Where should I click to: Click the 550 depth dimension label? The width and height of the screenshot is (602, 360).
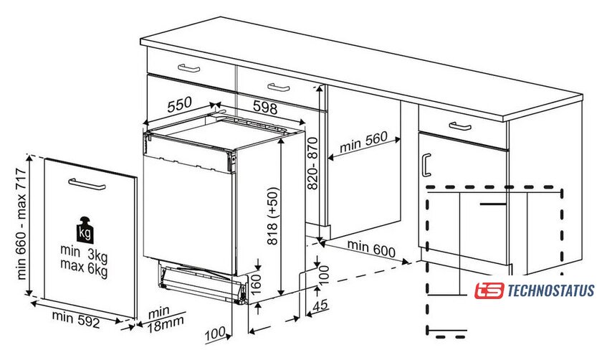coord(180,104)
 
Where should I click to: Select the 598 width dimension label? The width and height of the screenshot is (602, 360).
coord(265,107)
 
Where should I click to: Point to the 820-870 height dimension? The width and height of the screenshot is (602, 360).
coord(313,164)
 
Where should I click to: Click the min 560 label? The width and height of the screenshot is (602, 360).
coord(363,142)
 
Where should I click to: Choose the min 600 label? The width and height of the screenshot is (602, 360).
coord(371,248)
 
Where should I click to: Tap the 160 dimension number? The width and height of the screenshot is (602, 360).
coord(255,284)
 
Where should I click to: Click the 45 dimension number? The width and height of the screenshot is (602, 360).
coord(320,305)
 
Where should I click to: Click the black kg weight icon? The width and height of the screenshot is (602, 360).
coord(85,230)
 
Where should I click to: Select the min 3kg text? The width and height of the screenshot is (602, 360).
coord(84,253)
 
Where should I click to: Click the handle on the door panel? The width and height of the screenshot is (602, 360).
coord(87,184)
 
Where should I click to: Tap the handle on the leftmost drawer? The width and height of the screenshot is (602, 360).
coord(189,68)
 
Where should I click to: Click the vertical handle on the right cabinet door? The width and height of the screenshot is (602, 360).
coord(426,165)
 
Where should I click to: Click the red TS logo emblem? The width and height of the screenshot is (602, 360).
coord(489,290)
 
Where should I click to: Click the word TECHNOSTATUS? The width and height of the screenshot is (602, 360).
coord(551,291)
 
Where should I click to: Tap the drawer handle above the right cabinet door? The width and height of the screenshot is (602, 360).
coord(460,126)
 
